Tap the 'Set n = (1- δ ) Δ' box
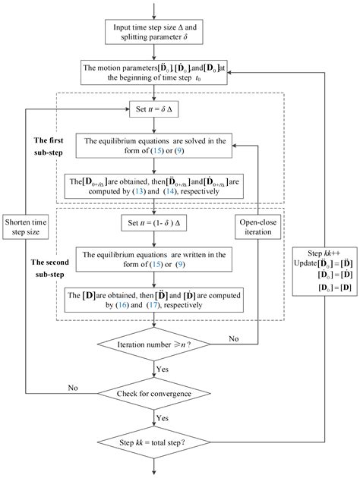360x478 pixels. [155, 225]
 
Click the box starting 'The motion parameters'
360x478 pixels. [155, 73]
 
